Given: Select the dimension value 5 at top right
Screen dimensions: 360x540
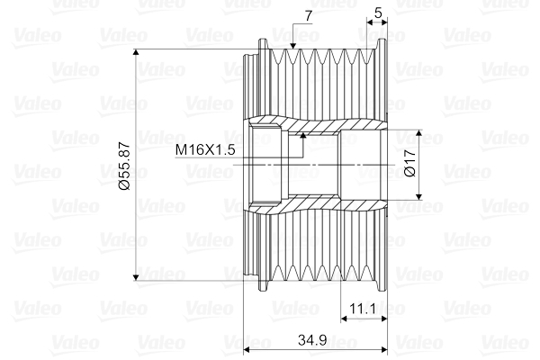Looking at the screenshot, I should coord(378,13).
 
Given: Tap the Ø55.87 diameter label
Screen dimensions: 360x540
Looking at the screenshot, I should coord(125,165).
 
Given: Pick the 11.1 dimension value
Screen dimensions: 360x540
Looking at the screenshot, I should coord(364,308).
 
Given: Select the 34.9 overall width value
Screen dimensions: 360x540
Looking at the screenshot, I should coord(313,339).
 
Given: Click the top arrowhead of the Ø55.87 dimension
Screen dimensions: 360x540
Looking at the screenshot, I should coord(136,55).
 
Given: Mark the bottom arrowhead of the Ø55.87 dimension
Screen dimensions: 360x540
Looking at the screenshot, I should coord(136,274).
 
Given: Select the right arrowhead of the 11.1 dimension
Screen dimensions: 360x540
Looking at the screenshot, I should coord(384,319).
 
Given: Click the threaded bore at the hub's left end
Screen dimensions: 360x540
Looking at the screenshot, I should coord(266,165).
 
